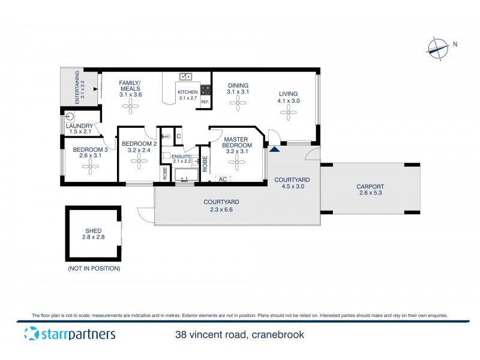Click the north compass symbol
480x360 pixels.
pos(438,47)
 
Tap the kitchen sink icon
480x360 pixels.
pos(186,77)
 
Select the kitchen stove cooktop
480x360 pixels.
pos(205,91)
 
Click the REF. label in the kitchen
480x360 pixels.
pos(205,102)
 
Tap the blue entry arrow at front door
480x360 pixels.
pos(275,148)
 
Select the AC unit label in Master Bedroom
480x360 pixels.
pos(223,179)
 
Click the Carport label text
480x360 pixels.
pos(370,187)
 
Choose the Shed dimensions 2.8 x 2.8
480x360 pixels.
pos(93,238)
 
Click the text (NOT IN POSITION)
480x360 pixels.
pos(94,268)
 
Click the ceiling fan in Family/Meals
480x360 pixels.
pos(130,106)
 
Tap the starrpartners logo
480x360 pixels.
pos(70,334)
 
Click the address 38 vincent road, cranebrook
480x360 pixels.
pos(239,334)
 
